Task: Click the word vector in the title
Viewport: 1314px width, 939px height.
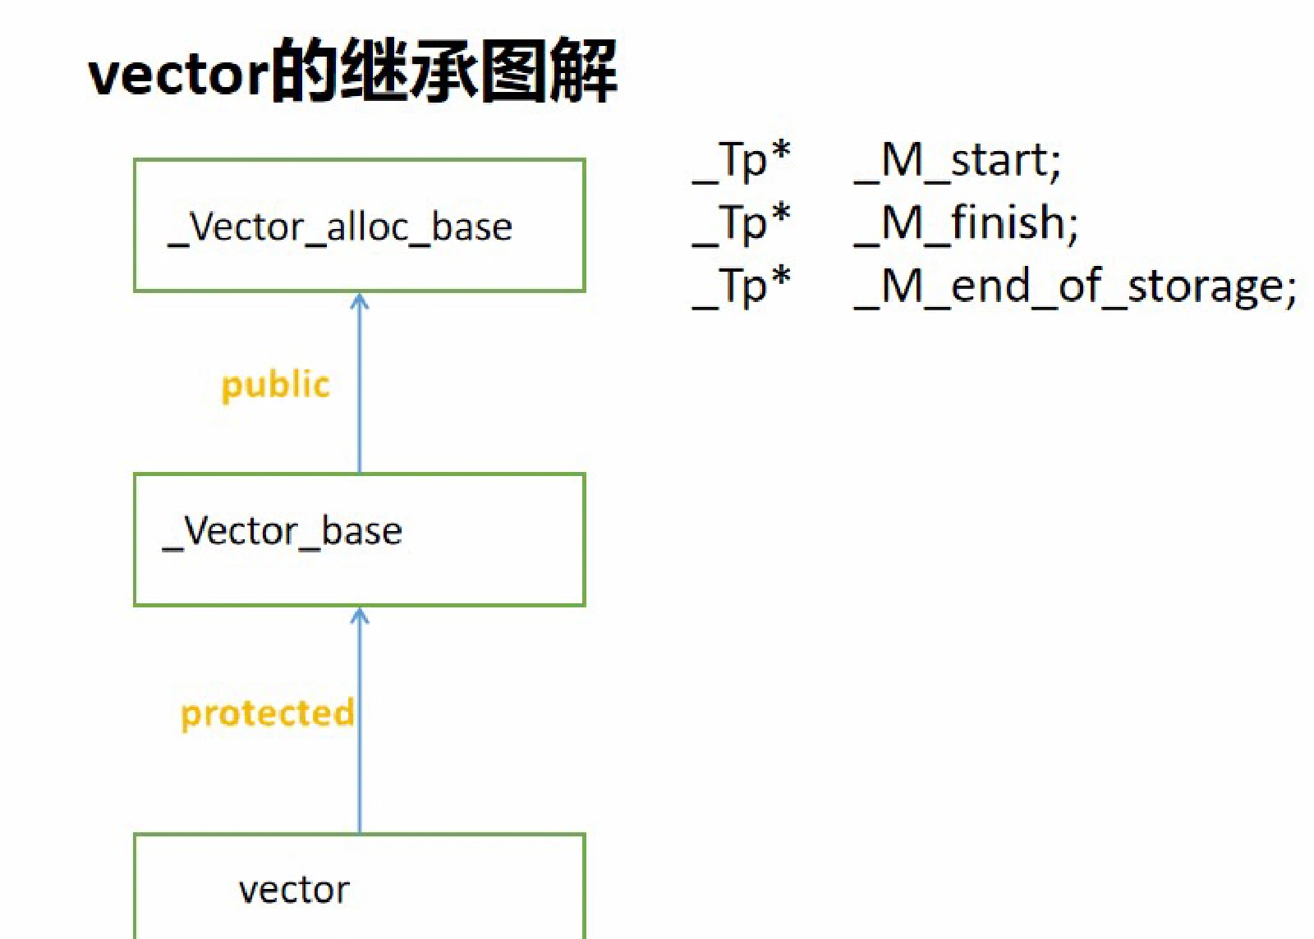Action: [x=178, y=75]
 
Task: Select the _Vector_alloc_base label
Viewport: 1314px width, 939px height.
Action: [x=340, y=229]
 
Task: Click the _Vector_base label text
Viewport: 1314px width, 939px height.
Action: [x=283, y=533]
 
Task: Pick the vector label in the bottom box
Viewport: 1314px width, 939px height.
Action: [x=294, y=891]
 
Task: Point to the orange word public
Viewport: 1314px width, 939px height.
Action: [x=276, y=387]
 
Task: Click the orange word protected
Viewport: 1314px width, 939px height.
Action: [x=268, y=714]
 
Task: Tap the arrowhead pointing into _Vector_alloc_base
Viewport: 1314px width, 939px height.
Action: [x=360, y=300]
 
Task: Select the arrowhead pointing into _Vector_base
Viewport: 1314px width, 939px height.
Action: [x=360, y=616]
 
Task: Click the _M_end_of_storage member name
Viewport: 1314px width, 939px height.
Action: [x=1068, y=288]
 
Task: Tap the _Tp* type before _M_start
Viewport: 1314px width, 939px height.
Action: [x=742, y=162]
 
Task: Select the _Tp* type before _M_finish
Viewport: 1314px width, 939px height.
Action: [x=742, y=225]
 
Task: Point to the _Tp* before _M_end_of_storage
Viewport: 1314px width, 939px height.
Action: [x=742, y=288]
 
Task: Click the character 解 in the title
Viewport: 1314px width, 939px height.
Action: [x=583, y=71]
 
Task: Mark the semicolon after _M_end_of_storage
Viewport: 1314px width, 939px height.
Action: [x=1290, y=290]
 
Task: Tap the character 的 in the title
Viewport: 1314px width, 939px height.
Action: [x=306, y=71]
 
